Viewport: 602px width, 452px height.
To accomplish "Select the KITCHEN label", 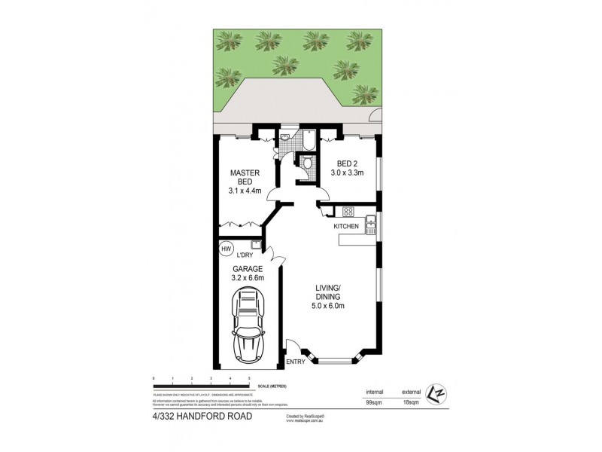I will pyautogui.click(x=346, y=226).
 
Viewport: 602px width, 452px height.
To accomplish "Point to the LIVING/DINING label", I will pyautogui.click(x=329, y=296).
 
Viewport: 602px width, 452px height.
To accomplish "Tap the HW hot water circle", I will pyautogui.click(x=226, y=249).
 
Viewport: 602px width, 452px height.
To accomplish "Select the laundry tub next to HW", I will pyautogui.click(x=256, y=244).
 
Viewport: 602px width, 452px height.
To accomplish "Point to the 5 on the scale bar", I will pyautogui.click(x=249, y=377).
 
